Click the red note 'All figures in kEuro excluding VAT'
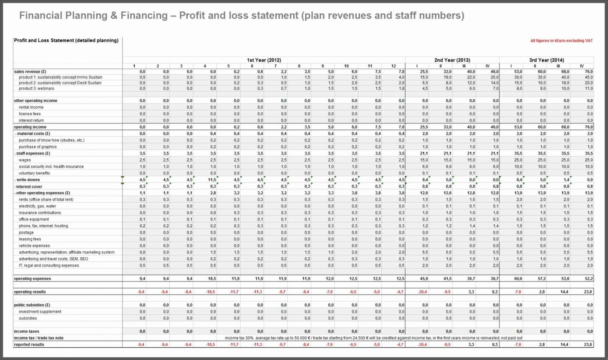coord(561,41)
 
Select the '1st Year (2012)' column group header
coord(264,60)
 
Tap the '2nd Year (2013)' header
coord(452,60)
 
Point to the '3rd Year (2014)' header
coord(546,60)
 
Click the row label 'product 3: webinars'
coord(36,89)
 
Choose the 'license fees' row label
coord(30,114)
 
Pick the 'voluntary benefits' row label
coord(34,173)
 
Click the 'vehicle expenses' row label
coord(34,245)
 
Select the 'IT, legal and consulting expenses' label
coord(49,265)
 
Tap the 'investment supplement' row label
coord(40,312)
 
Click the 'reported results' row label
coord(29,345)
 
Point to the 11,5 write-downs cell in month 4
coord(212,180)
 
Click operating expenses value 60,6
coord(518,279)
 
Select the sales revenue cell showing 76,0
coord(589,72)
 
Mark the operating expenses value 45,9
coord(423,279)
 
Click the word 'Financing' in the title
coord(144,16)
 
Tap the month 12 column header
coord(394,66)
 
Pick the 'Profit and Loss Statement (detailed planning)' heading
coord(66,41)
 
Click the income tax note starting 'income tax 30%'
coord(373,338)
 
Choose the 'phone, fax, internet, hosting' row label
coord(43,226)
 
